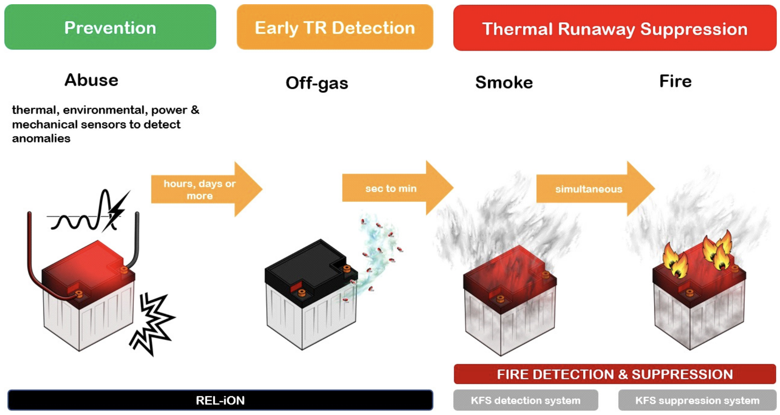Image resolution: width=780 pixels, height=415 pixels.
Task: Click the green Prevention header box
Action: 110,27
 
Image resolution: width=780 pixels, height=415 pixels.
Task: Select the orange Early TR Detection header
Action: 334,27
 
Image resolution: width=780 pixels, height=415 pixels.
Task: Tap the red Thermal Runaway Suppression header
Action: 614,28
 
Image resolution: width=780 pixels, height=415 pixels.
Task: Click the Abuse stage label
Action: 91,80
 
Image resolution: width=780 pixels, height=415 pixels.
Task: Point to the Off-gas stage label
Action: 317,83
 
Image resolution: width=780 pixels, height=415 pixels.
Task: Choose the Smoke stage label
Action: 504,82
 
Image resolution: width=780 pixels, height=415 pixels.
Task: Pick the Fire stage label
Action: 675,81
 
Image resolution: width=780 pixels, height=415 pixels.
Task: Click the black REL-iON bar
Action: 220,400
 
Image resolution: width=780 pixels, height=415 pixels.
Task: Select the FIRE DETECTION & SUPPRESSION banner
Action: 614,374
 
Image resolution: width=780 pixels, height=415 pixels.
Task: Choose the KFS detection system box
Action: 525,400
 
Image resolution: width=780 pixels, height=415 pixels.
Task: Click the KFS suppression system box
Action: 697,400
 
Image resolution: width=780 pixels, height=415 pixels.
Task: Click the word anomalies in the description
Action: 41,138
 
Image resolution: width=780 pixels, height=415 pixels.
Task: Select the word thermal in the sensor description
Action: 34,110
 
